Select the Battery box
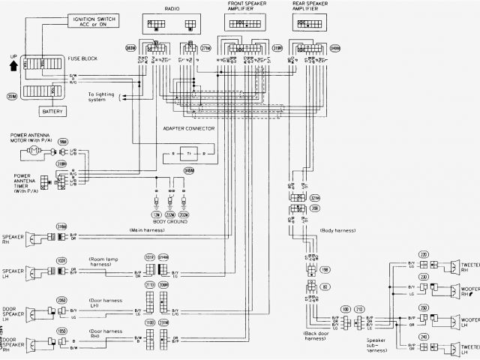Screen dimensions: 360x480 pyautogui.click(x=53, y=111)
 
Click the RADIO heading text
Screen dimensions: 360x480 pyautogui.click(x=172, y=7)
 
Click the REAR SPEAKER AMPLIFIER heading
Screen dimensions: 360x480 pyautogui.click(x=310, y=7)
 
